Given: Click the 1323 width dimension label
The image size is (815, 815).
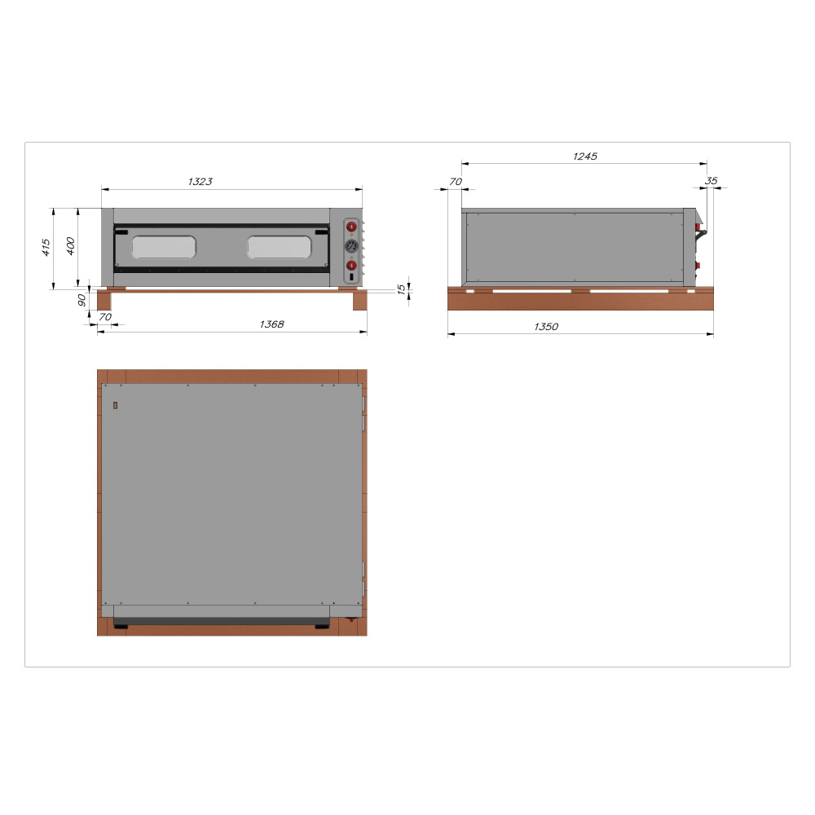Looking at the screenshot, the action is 200,182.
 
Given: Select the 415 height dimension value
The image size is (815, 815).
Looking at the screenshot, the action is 46,248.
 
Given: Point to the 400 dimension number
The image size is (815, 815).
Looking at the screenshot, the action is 70,246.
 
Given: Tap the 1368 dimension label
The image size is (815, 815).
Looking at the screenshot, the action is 272,324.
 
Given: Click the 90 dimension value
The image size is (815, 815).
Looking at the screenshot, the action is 81,300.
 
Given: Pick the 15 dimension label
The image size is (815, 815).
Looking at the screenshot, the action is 401,289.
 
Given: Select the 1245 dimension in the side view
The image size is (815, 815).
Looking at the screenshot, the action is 584,156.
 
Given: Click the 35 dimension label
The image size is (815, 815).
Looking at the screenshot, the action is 711,181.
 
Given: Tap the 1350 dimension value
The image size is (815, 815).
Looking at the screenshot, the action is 546,327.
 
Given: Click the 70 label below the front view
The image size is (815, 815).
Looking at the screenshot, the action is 105,316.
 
